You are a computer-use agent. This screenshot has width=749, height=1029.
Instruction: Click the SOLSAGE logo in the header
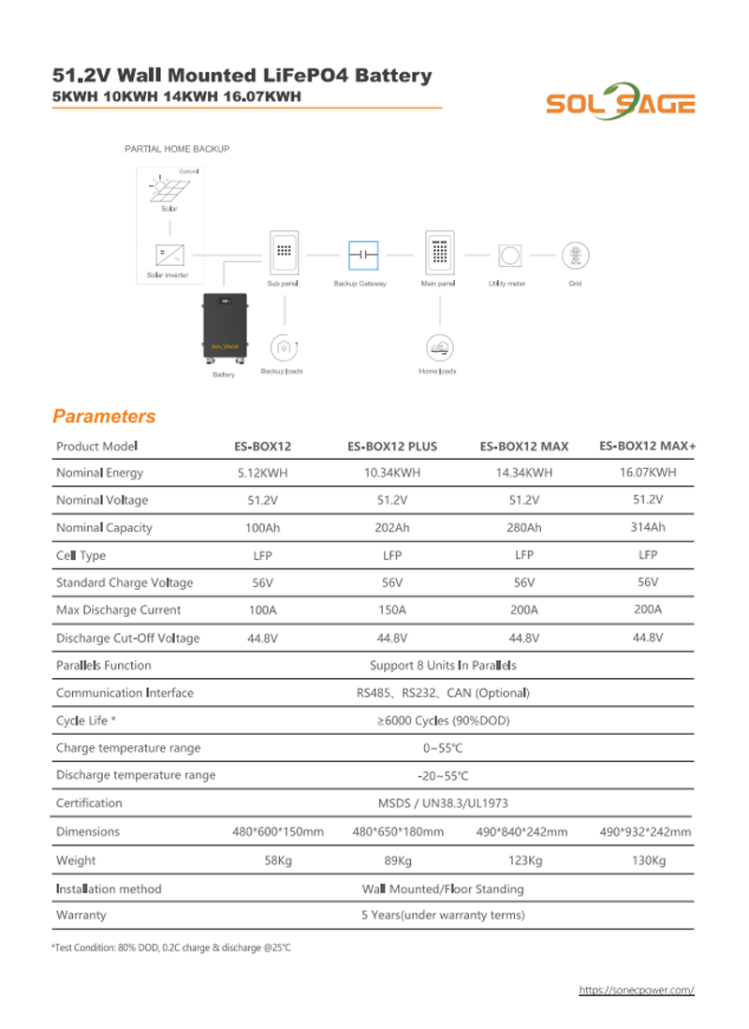[620, 102]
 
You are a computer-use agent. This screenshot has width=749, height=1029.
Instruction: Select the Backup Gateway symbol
[361, 254]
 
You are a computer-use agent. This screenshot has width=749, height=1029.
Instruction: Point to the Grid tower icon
[575, 255]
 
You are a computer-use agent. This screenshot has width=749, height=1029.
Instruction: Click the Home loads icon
[438, 348]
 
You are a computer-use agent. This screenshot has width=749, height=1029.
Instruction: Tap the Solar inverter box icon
[169, 254]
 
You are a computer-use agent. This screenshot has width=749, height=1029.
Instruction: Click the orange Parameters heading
[104, 417]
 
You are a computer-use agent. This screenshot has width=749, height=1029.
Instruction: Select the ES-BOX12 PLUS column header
[391, 447]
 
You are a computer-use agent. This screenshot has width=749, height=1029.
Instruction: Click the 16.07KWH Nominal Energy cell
[648, 473]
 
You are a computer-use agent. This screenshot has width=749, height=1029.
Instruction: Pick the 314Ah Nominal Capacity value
[648, 527]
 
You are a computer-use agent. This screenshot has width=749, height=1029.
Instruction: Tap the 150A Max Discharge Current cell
[391, 610]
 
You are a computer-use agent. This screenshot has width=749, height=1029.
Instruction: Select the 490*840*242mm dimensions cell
[522, 831]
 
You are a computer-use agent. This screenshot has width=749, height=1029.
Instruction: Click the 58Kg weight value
[279, 860]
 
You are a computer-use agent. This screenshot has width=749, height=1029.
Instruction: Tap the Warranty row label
[81, 915]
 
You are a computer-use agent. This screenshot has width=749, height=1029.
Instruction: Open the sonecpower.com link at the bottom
[637, 989]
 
